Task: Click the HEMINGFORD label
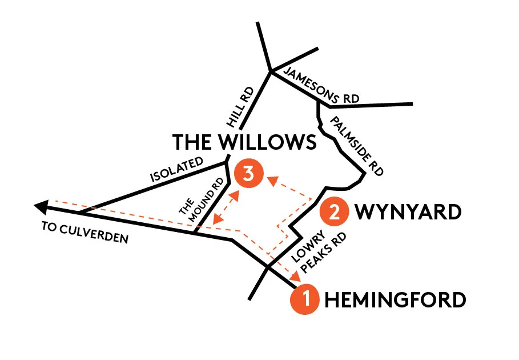(395, 299)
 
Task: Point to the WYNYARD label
(408, 212)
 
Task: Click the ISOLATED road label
(177, 170)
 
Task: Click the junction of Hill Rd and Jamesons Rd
(271, 71)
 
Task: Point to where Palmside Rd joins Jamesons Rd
(317, 101)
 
